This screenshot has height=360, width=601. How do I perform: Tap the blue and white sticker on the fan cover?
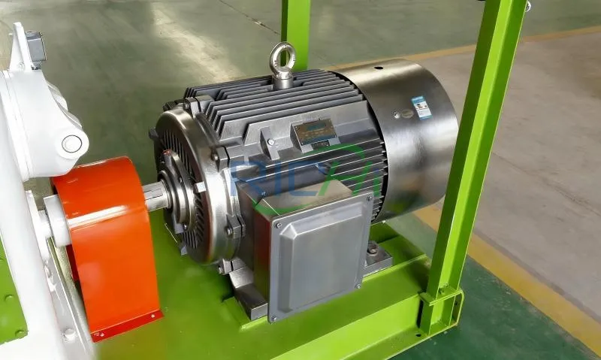point(421,107)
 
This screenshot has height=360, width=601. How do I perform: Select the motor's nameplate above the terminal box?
point(314,134)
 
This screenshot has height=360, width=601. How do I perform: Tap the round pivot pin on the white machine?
point(71,143)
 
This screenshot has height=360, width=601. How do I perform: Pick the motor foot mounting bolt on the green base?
point(373,248)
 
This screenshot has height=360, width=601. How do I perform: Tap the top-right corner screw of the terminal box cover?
point(367,198)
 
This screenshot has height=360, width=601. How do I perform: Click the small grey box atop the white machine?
point(35,45)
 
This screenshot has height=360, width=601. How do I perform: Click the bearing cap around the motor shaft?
point(180,192)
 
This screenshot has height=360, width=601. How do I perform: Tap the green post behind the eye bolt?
point(295,23)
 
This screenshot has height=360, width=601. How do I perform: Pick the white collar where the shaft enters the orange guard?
point(56,218)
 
